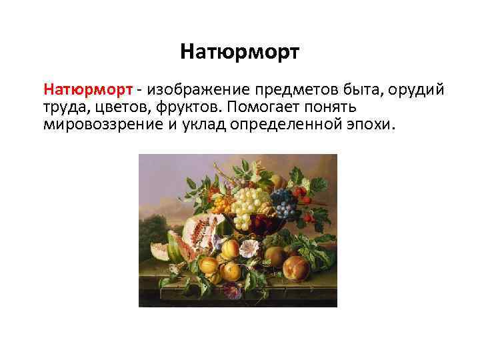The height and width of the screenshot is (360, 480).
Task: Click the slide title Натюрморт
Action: click(240, 51)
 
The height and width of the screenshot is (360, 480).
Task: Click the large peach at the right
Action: click(296, 270)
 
